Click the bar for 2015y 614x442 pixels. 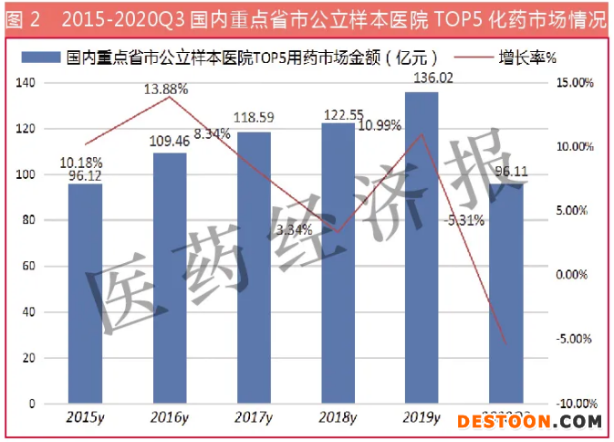pos(86,292)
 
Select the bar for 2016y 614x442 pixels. pos(170,278)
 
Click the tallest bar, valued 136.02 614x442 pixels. pos(421,247)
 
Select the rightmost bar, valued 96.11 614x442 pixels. pos(505,292)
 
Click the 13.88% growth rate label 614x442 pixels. pos(166,89)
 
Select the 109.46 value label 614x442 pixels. pos(169,142)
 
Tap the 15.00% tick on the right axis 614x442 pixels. pos(575,83)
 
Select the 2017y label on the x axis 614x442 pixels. pos(254,419)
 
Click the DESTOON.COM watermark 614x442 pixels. pos(528,421)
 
